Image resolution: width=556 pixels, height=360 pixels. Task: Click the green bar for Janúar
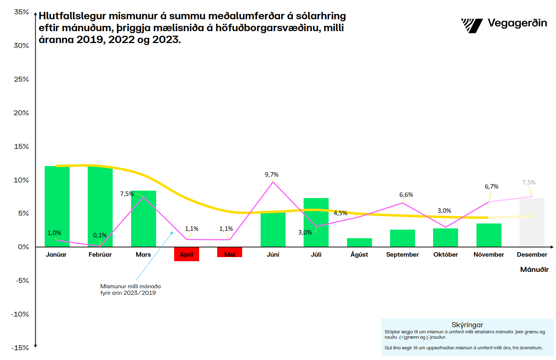[x=57, y=206]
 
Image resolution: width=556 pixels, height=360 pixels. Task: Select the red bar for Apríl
[x=186, y=254]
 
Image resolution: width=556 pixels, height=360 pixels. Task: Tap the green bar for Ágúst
[x=359, y=242]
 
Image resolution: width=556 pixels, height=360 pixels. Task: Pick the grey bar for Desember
[x=532, y=223]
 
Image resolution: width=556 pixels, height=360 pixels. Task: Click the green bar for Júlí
[x=316, y=222]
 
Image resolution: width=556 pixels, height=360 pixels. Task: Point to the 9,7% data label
[x=272, y=175]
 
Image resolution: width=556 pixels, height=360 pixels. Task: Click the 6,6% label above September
[x=406, y=194]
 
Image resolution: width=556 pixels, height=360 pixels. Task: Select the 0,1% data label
[x=100, y=235]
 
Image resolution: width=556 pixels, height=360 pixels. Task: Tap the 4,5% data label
[x=340, y=213]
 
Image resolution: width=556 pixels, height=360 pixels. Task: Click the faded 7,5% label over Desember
[x=529, y=182]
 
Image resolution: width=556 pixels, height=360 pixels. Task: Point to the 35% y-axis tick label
[x=21, y=12]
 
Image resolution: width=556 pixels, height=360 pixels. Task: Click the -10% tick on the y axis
[x=20, y=314]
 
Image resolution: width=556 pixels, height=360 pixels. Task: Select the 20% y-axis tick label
[x=21, y=113]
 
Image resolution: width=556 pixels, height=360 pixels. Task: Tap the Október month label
[x=445, y=255]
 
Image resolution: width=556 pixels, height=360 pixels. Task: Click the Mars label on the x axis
[x=143, y=255]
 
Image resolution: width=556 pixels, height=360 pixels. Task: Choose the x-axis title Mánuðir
[x=534, y=270]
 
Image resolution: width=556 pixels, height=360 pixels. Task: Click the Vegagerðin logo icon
[x=472, y=25]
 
